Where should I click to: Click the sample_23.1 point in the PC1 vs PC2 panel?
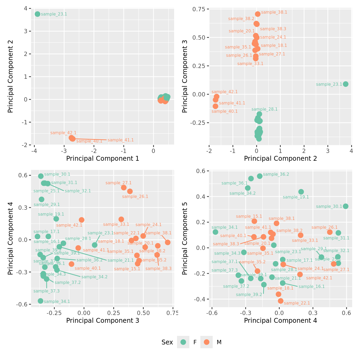coord(37,14)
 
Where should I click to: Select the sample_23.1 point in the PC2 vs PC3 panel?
coord(346,84)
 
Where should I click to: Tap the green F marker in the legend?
coord(183,342)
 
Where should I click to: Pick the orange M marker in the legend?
coord(207,342)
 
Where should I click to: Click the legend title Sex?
coord(167,342)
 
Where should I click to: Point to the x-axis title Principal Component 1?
coord(103,159)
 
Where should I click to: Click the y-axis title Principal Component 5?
coord(185,238)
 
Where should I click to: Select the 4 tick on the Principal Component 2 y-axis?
coord(26,8)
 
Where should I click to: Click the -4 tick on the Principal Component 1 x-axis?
coord(34,151)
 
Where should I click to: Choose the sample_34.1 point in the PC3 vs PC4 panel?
coord(40,301)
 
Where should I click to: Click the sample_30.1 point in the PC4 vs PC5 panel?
coord(346,206)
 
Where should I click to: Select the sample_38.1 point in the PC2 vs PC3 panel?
coord(258,14)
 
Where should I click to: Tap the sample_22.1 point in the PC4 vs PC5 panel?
coord(281,301)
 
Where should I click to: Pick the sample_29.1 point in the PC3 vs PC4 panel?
coord(42,199)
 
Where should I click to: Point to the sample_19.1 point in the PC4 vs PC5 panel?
coord(301,192)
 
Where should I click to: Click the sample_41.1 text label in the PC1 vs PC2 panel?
coord(121,140)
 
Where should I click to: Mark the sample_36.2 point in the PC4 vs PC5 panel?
coord(260,176)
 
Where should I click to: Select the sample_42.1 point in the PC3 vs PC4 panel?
coord(82,220)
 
